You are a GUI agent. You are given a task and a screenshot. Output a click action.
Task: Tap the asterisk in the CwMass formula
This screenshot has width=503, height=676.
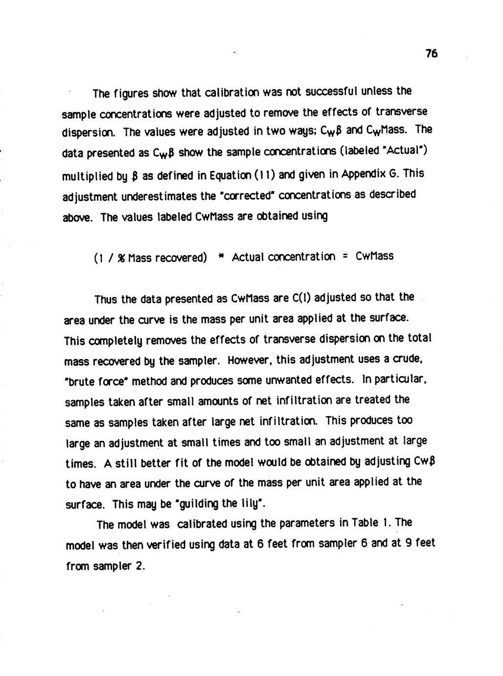(221, 256)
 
